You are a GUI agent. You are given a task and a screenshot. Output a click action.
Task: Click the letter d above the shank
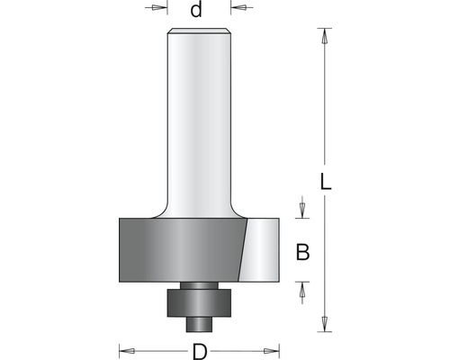(x=196, y=10)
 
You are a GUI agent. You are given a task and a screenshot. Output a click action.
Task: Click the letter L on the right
(x=326, y=182)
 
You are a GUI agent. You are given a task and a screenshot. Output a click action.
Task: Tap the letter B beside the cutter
(x=302, y=252)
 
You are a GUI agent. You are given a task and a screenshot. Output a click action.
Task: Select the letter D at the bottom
(x=200, y=352)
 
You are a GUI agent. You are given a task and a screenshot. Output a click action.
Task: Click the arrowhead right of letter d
(x=238, y=7)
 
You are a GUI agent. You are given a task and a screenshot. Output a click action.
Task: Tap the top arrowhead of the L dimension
(x=324, y=36)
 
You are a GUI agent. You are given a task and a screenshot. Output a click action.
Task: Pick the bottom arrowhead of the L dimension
(x=324, y=324)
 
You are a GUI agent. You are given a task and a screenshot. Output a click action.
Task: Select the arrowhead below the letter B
(x=302, y=290)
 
